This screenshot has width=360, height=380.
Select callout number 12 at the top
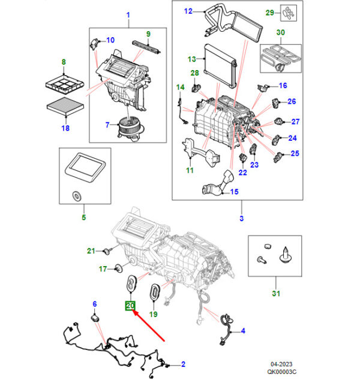(188, 11)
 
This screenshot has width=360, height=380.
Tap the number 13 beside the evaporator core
(192, 59)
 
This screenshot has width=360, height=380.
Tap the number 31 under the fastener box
(276, 293)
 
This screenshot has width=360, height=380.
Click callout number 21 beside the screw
(91, 250)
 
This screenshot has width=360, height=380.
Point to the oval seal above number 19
(154, 294)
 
